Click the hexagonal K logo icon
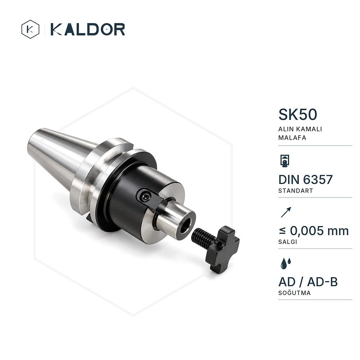pos(30,29)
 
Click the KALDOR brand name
pos(87,29)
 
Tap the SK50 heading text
pos(298,114)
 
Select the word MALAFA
pos(292,138)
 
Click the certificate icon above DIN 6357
pos(285,161)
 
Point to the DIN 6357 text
pos(305,180)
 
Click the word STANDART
pos(296,191)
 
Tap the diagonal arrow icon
pos(286,212)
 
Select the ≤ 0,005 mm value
pos(314,231)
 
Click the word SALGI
pos(288,242)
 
